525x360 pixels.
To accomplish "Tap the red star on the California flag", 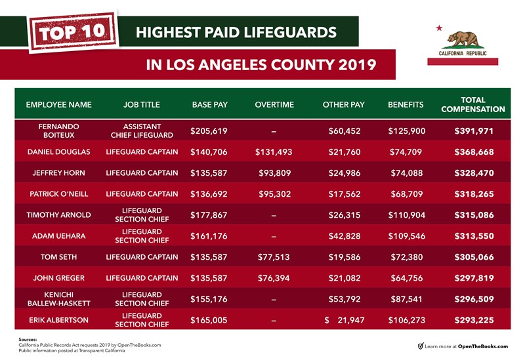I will tap(439, 28).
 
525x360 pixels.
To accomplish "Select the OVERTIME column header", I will tap(274, 105).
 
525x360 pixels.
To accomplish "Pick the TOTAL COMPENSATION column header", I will tap(472, 104).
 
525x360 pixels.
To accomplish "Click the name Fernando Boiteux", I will tap(58, 131).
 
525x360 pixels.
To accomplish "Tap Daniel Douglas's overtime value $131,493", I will tap(274, 152).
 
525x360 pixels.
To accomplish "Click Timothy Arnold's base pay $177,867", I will tap(209, 214).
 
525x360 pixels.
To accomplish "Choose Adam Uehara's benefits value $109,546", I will tap(407, 235).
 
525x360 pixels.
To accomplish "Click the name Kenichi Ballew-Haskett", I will tap(58, 298).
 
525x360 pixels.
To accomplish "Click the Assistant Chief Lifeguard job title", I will tap(141, 131).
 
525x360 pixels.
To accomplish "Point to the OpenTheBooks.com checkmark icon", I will tap(421, 346).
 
